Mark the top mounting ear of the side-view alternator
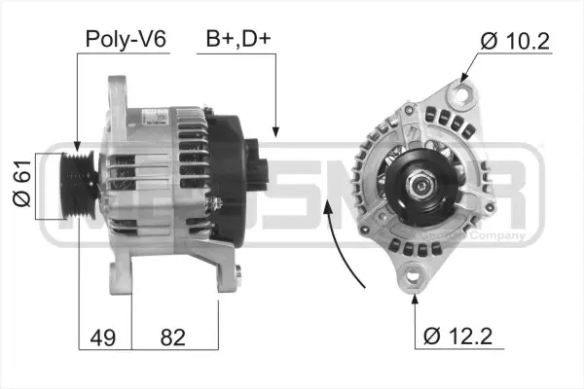(x=120, y=92)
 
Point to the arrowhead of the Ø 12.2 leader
(x=416, y=292)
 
